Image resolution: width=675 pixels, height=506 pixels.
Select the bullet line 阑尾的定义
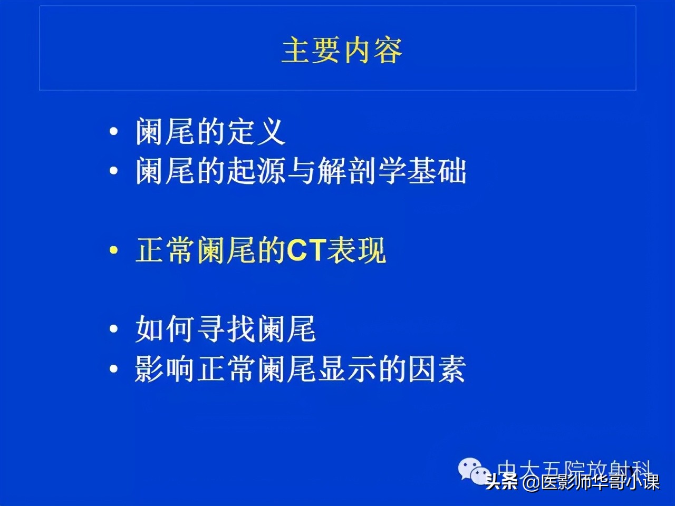[x=210, y=132]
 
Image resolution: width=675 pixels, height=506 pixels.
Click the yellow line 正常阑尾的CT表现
[x=261, y=250]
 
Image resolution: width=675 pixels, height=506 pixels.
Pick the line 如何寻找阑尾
[x=225, y=329]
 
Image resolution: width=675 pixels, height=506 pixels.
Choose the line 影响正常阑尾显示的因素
[x=300, y=368]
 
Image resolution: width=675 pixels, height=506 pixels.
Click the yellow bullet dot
[x=114, y=251]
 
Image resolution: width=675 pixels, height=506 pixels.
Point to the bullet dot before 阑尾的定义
[x=114, y=133]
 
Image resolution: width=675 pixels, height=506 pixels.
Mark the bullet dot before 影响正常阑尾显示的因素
[x=114, y=369]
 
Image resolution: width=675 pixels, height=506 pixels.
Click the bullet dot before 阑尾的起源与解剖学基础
[x=114, y=172]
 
